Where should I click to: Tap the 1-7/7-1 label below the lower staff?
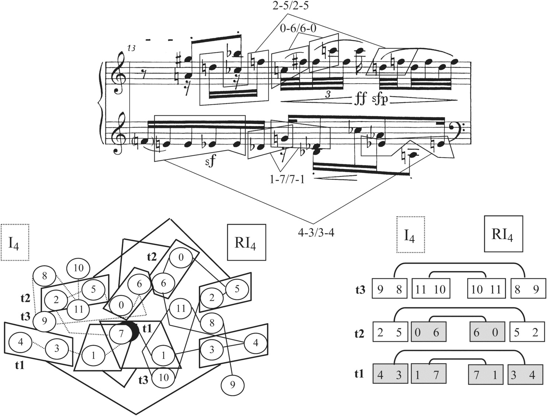[287, 180]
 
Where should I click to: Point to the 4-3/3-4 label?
[316, 232]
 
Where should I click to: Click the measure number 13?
[132, 48]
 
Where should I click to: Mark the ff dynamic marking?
[360, 99]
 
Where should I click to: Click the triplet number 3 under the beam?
[328, 94]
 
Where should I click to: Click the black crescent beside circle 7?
[135, 332]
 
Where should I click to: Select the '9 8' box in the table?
[389, 290]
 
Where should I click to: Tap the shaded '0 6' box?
[428, 333]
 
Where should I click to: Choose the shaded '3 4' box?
[525, 375]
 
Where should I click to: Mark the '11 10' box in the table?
[428, 290]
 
